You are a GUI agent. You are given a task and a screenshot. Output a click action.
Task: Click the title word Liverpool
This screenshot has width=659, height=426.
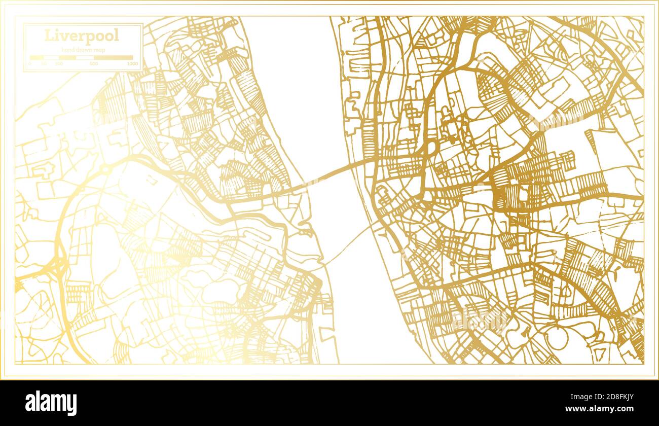click(x=82, y=35)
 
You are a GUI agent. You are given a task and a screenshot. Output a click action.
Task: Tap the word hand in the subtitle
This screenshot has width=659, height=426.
click(x=67, y=49)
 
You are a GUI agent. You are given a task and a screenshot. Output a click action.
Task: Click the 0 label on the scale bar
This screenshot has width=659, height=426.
click(x=30, y=64)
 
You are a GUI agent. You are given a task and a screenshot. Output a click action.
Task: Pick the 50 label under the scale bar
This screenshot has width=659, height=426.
click(x=44, y=64)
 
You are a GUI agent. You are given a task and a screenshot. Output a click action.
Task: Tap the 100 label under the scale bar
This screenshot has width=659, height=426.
click(x=59, y=64)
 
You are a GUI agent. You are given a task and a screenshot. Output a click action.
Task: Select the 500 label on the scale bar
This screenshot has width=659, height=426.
click(x=94, y=64)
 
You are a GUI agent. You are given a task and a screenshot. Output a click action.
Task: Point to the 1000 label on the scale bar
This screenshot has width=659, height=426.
click(x=132, y=64)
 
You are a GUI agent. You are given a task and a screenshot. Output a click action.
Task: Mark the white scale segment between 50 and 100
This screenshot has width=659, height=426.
click(x=52, y=58)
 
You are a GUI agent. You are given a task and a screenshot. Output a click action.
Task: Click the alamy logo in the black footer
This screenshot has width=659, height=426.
click(x=51, y=403)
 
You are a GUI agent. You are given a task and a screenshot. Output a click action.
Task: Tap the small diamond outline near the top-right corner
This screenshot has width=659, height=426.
click(x=630, y=34)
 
